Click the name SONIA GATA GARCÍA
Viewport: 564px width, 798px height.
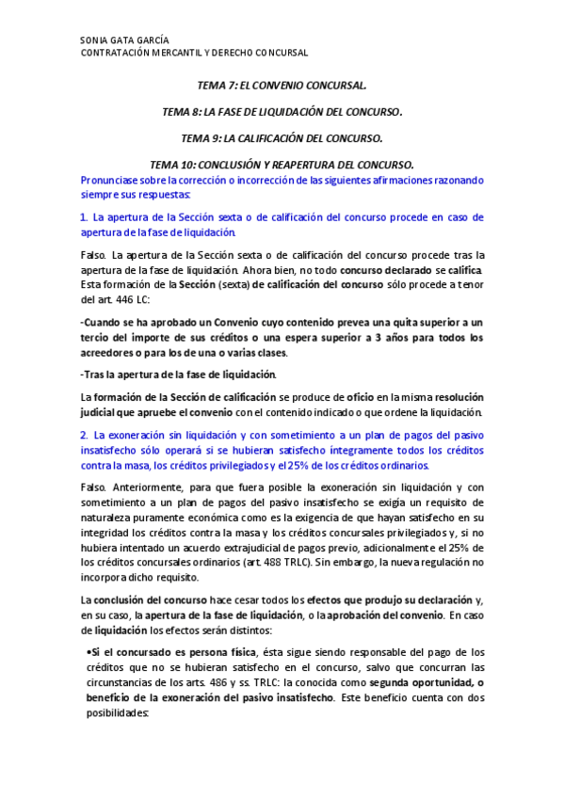pyautogui.click(x=125, y=40)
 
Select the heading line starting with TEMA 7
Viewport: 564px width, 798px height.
pyautogui.click(x=282, y=85)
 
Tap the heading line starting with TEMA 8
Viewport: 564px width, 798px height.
pyautogui.click(x=282, y=111)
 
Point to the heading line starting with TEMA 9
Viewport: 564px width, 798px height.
pyautogui.click(x=282, y=137)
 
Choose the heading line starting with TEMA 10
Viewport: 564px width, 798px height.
pyautogui.click(x=282, y=164)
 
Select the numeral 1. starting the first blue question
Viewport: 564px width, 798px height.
pyautogui.click(x=85, y=217)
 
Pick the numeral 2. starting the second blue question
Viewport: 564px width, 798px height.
pyautogui.click(x=85, y=436)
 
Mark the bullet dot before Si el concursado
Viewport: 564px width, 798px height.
pyautogui.click(x=88, y=650)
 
